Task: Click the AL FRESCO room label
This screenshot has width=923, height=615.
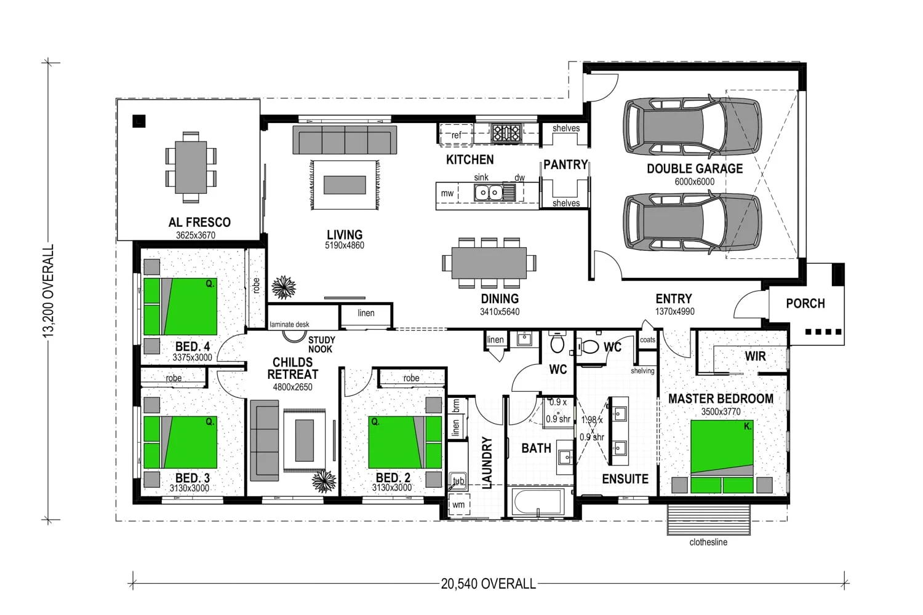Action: coord(199,223)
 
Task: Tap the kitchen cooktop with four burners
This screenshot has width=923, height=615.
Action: coord(506,133)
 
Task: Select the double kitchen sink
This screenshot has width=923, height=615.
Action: coord(489,192)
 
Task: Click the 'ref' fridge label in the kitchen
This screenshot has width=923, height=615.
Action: coord(456,135)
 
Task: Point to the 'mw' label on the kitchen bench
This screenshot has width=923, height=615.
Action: coord(447,193)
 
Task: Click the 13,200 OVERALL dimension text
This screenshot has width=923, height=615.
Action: coord(48,291)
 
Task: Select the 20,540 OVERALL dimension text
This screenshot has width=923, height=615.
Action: coord(489,584)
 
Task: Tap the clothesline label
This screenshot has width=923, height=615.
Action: coord(708,542)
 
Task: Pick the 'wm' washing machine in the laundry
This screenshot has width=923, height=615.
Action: coord(458,504)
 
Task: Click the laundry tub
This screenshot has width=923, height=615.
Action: coord(458,481)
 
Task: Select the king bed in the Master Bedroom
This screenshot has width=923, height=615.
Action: coord(722,456)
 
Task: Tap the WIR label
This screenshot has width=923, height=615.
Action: coord(755,356)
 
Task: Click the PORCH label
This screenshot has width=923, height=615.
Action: coord(805,304)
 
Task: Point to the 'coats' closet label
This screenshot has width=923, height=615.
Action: coord(647,340)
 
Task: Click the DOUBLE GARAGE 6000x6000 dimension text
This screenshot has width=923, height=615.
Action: coord(694,181)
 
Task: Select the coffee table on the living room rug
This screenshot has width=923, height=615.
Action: coord(345,185)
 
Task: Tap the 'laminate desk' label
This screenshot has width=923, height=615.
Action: coord(289,325)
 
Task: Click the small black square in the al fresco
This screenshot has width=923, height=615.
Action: coord(139,121)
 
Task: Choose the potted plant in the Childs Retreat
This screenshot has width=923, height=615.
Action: coord(324,481)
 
